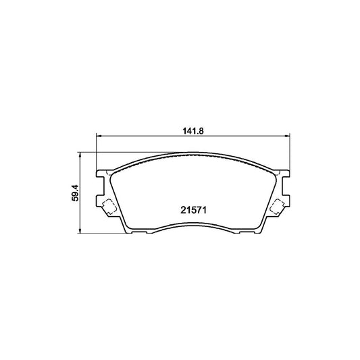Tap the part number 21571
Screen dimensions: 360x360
click(192, 209)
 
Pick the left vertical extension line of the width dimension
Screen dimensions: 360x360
click(98, 152)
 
